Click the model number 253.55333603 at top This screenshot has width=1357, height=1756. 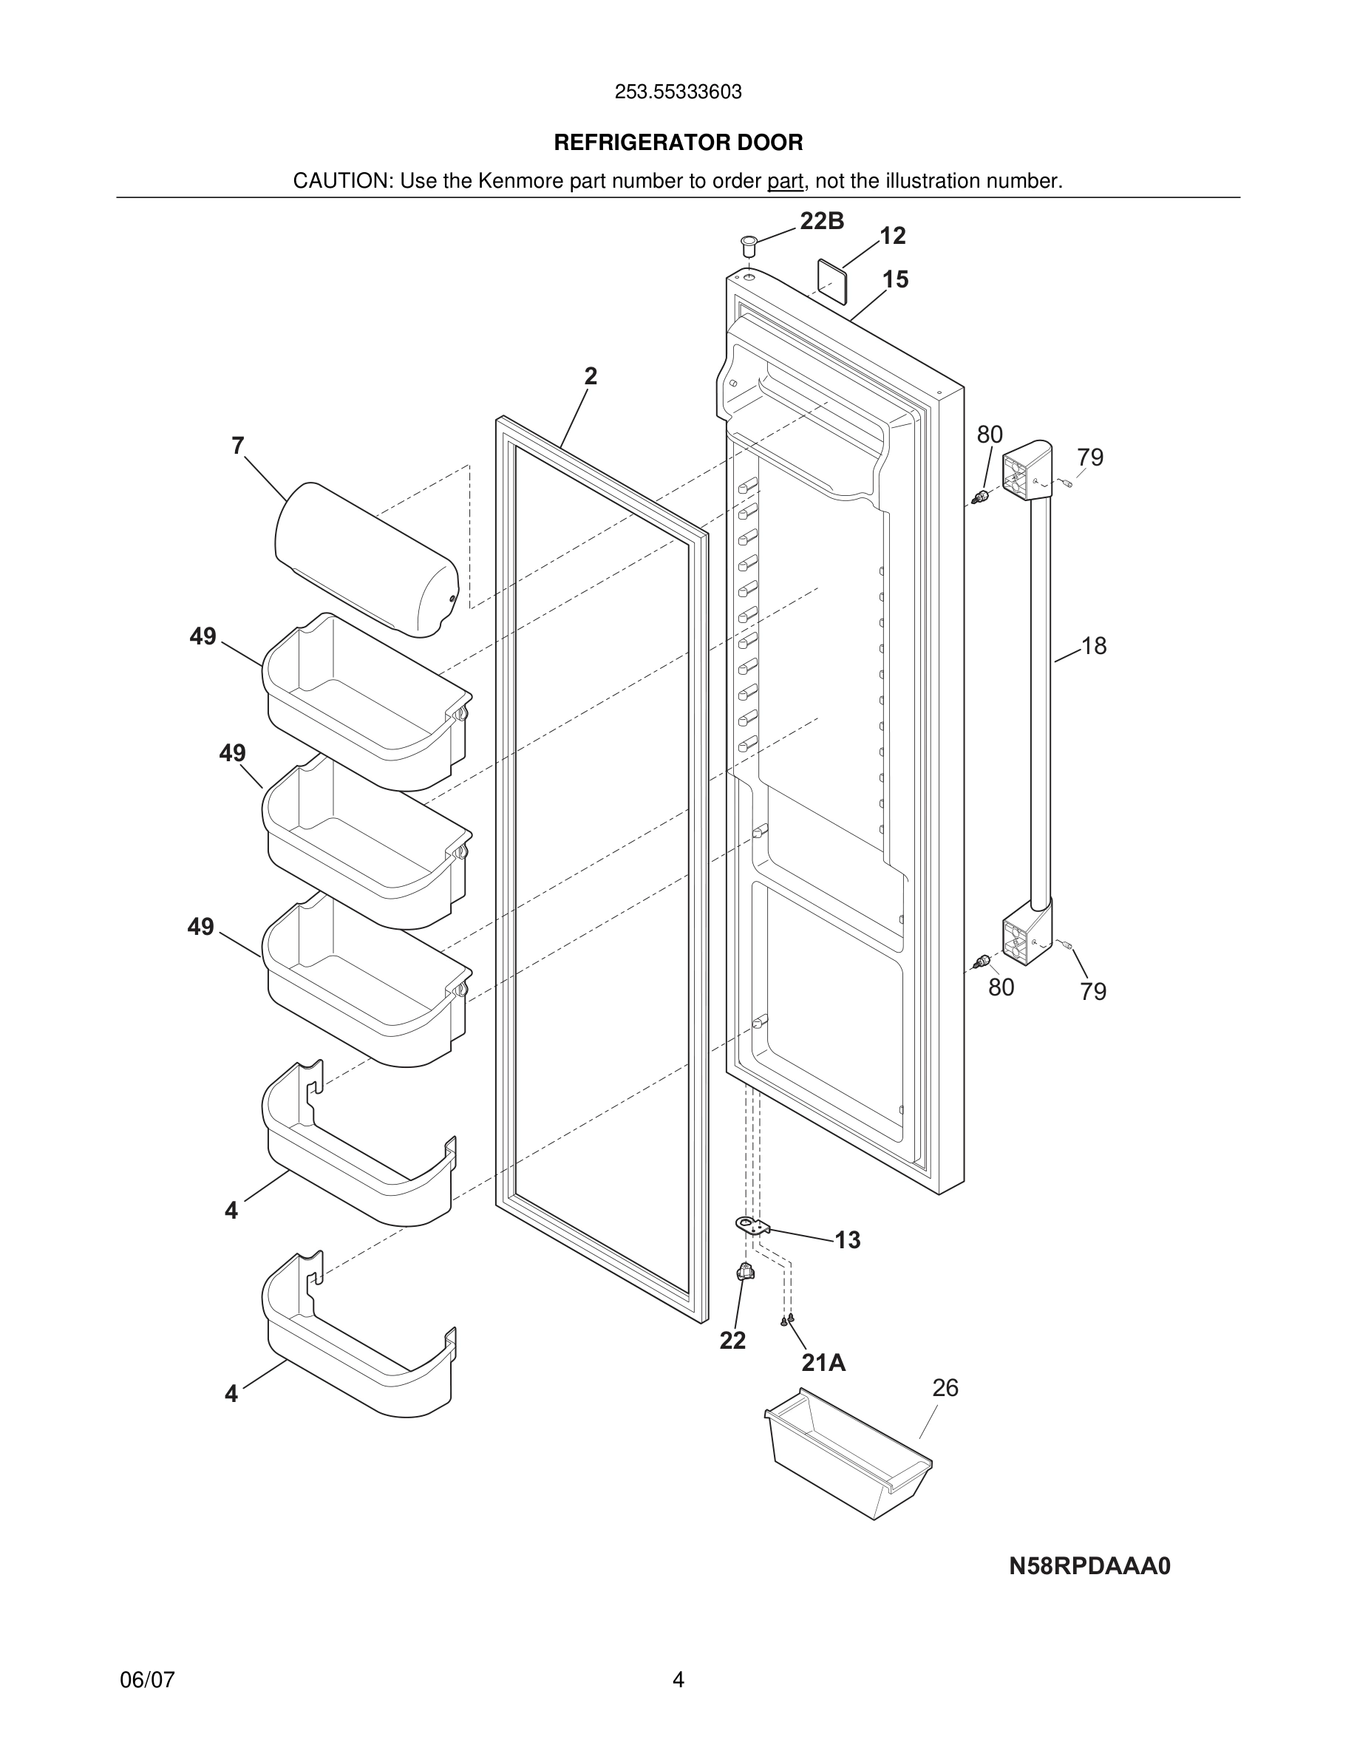[678, 92]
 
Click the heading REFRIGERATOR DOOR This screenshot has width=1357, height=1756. [678, 143]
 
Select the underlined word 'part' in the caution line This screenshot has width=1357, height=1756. [785, 182]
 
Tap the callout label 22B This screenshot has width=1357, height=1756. [822, 221]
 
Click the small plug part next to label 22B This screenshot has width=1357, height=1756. [749, 244]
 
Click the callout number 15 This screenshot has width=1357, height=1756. [895, 280]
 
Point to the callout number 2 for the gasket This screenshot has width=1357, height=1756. [591, 376]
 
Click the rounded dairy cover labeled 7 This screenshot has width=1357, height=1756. [366, 558]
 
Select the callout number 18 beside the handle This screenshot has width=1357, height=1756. [1093, 646]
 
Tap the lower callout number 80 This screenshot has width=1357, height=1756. [1001, 987]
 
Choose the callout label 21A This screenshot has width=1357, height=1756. [823, 1363]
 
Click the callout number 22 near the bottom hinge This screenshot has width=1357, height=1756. [732, 1341]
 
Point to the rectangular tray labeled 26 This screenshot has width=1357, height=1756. [848, 1455]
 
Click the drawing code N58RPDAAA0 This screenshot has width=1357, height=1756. [1089, 1566]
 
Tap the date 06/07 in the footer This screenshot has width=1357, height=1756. [147, 1680]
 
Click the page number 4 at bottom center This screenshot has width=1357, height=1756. [678, 1680]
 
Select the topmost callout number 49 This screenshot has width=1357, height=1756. [203, 637]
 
